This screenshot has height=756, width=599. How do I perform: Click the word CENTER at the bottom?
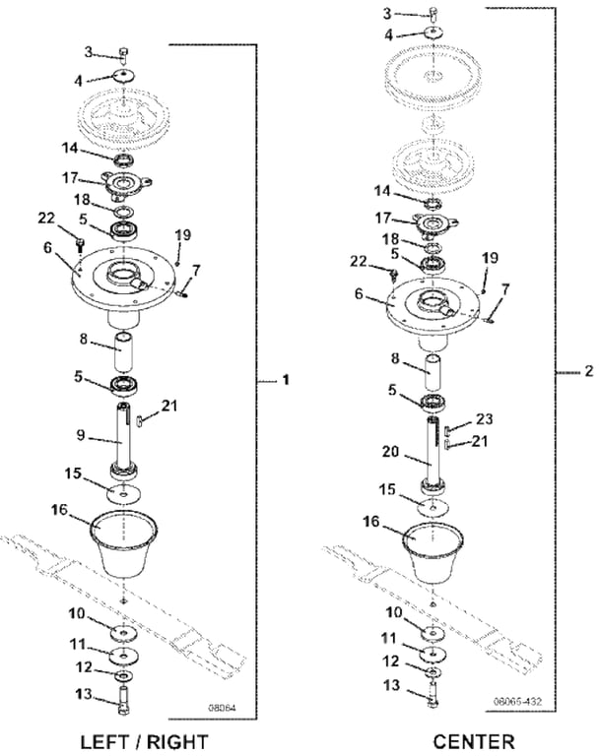pyautogui.click(x=474, y=742)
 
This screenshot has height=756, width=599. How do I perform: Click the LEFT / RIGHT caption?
pyautogui.click(x=144, y=742)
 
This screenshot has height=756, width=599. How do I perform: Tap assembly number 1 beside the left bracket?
pyautogui.click(x=286, y=380)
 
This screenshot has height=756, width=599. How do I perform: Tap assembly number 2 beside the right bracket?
pyautogui.click(x=588, y=371)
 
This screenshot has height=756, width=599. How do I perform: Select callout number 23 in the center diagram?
pyautogui.click(x=484, y=418)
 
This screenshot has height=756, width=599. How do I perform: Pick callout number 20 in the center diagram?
pyautogui.click(x=391, y=452)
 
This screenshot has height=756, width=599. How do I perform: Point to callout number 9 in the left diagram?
pyautogui.click(x=81, y=435)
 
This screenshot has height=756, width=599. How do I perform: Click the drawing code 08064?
pyautogui.click(x=222, y=709)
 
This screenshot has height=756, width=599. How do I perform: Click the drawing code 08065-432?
pyautogui.click(x=517, y=701)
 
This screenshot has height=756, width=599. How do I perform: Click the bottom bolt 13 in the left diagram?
pyautogui.click(x=124, y=701)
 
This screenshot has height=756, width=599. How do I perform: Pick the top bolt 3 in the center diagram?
pyautogui.click(x=433, y=12)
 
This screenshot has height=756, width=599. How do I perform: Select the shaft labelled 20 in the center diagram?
pyautogui.click(x=434, y=453)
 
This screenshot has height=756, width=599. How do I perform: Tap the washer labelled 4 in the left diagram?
pyautogui.click(x=123, y=75)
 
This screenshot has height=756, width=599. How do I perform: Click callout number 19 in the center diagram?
pyautogui.click(x=489, y=258)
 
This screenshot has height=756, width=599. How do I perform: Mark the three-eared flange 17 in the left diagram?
pyautogui.click(x=125, y=184)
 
